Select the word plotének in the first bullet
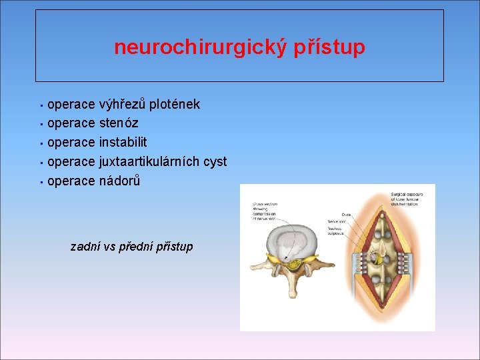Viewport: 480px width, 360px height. [175, 104]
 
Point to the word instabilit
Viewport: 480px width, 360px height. [123, 142]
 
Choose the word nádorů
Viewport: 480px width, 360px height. [119, 181]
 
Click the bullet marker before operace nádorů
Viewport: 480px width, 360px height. [41, 181]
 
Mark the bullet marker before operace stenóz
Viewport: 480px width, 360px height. [41, 124]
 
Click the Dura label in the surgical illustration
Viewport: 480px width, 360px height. [345, 215]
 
